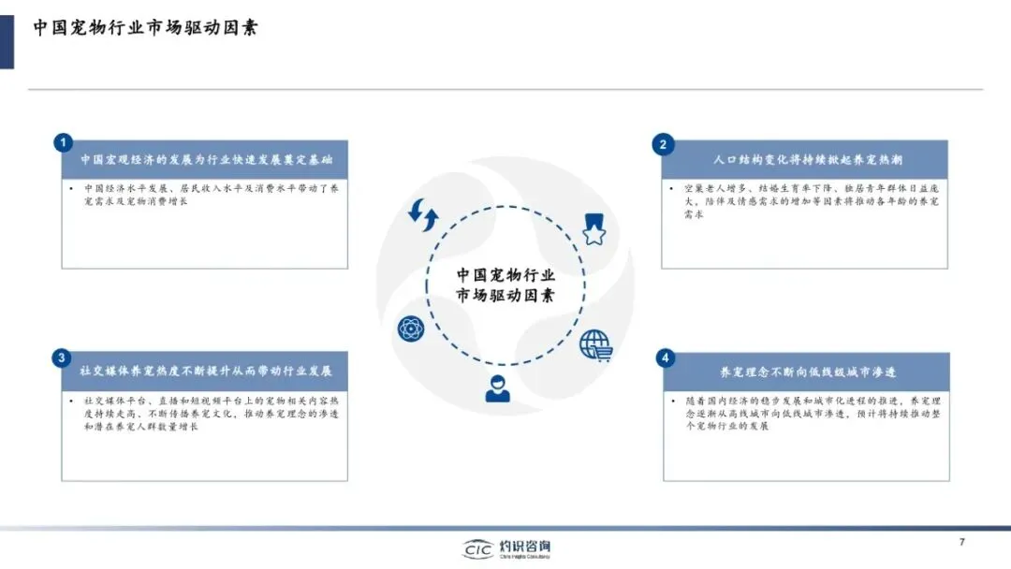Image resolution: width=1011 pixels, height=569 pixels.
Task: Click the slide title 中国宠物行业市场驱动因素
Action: pos(146,27)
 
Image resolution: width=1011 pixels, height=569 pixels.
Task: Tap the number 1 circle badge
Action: pos(62,143)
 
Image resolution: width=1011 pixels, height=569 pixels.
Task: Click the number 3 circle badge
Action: pos(62,357)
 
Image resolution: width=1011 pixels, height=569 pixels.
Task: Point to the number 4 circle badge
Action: pos(665,357)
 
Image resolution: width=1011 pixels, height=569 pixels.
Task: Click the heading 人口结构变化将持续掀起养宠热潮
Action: pos(807,160)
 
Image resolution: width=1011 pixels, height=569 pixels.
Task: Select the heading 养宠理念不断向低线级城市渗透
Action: pos(808,372)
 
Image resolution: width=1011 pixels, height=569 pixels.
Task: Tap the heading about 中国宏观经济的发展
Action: pos(206,160)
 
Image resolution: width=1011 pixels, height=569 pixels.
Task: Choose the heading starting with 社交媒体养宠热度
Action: pos(206,371)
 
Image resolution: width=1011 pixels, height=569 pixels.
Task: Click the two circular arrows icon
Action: pos(423,215)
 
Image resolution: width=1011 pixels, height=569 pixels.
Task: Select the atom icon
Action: pos(410,328)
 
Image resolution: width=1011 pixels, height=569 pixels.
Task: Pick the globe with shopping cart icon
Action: pos(595,345)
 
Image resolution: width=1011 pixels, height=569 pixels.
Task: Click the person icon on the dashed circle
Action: pos(499,387)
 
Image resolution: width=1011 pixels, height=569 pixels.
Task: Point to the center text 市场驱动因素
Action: pos(505,296)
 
